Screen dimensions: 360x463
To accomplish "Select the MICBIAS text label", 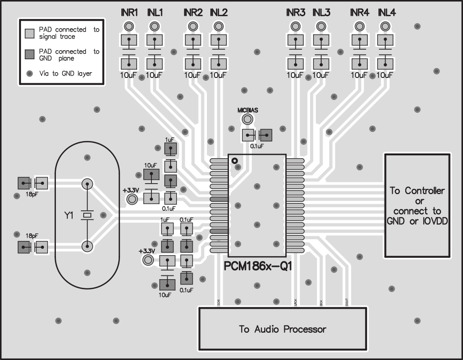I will pyautogui.click(x=248, y=110).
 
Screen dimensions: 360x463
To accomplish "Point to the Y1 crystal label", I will pyautogui.click(x=69, y=216).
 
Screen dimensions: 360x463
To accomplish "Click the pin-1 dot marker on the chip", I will pyautogui.click(x=235, y=161).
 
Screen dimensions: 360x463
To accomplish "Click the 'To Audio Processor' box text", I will pyautogui.click(x=282, y=329).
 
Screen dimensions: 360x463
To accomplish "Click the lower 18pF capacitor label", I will pyautogui.click(x=32, y=236).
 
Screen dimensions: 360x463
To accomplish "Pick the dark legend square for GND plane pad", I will pyautogui.click(x=30, y=54).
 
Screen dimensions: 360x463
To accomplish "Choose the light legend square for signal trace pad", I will pyautogui.click(x=30, y=33).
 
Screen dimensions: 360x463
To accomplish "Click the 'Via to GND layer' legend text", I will pyautogui.click(x=65, y=73).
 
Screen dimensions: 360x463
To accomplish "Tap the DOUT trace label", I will pyautogui.click(x=346, y=302).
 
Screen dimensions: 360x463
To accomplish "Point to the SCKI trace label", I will pyautogui.click(x=218, y=302).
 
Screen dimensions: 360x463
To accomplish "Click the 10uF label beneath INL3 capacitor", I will pyautogui.click(x=321, y=75).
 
